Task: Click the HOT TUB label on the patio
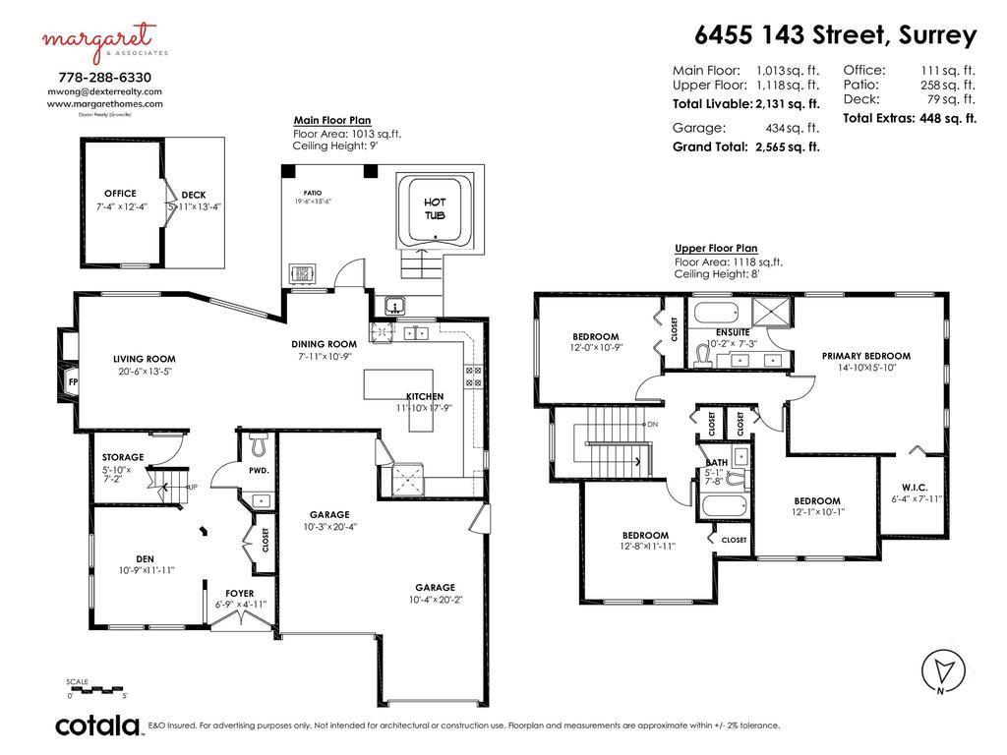click(435, 208)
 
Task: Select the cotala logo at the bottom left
click(96, 726)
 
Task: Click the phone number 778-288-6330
click(104, 76)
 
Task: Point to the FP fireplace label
click(73, 381)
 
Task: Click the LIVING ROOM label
click(144, 359)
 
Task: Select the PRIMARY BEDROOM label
click(866, 356)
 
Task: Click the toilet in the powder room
click(258, 445)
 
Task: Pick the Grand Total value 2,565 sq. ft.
click(787, 147)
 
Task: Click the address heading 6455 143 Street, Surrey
click(835, 35)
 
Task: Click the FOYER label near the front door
click(239, 594)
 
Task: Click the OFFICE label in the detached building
click(120, 194)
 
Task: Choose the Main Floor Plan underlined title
click(331, 120)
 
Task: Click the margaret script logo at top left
click(98, 39)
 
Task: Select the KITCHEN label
click(424, 396)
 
